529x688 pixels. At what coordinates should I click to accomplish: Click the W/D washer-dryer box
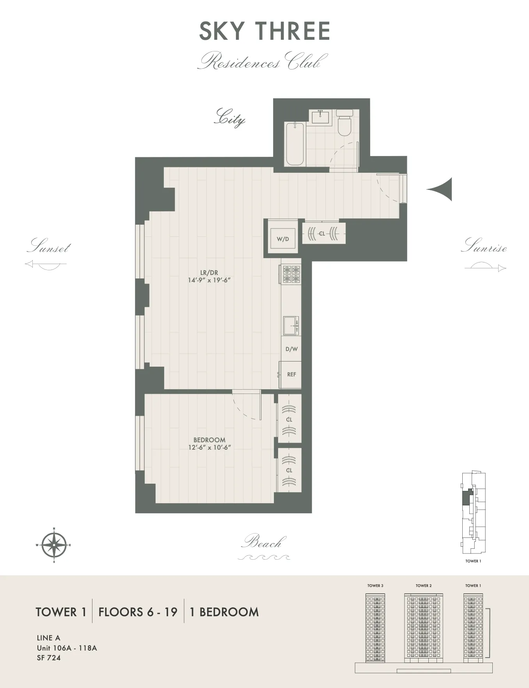coord(283,239)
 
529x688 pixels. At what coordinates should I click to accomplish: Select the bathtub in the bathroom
coord(295,144)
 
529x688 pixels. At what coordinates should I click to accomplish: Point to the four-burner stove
coord(291,274)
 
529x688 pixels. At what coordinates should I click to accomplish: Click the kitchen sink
coord(291,326)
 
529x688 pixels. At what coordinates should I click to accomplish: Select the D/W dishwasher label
coord(291,349)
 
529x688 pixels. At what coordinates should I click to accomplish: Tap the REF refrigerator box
coord(291,374)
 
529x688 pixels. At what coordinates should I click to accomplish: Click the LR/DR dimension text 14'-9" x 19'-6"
coord(209,280)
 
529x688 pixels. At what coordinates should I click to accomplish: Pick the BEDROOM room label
coord(209,440)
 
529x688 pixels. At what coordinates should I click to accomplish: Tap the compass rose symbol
coord(54,545)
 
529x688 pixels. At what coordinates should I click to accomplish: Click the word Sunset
coord(49,246)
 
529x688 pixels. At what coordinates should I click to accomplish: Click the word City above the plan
coord(230,117)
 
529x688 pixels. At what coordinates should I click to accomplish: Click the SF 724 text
coord(49,658)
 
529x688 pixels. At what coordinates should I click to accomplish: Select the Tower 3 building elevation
coord(375,628)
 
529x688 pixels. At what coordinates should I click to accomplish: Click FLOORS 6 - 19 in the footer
coord(138,612)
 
